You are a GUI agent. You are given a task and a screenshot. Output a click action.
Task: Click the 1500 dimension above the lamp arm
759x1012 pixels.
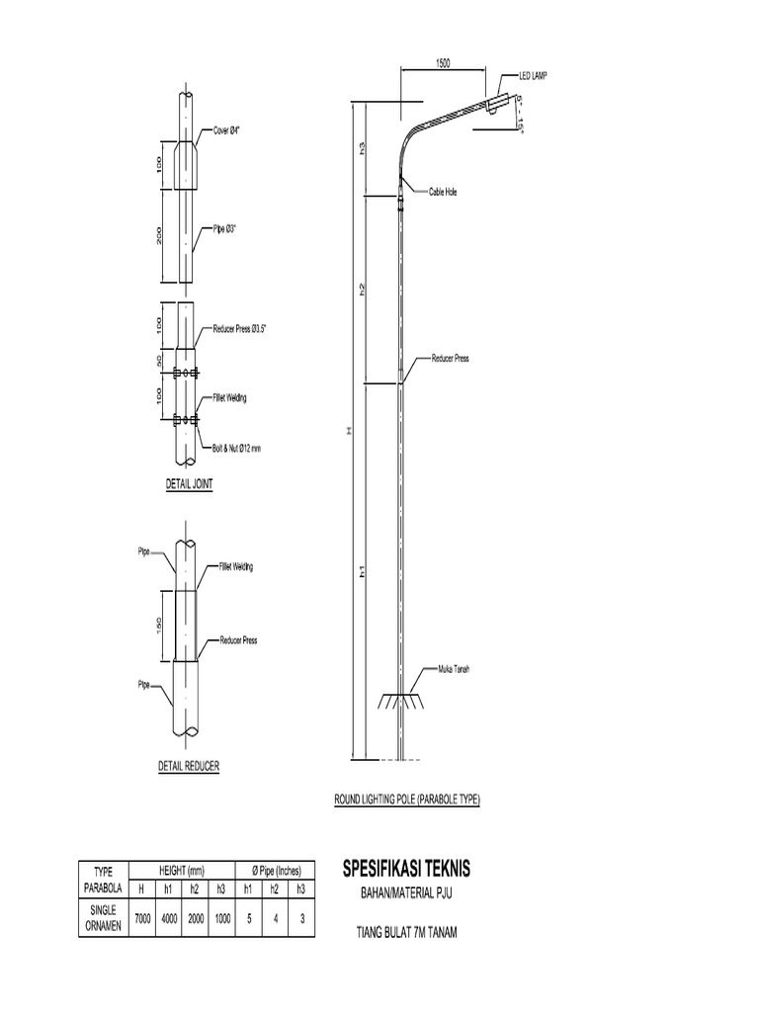coord(442,62)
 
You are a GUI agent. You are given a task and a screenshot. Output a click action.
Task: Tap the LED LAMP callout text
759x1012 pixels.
coord(533,76)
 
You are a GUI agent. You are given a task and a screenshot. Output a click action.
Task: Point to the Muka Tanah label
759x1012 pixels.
coord(453,669)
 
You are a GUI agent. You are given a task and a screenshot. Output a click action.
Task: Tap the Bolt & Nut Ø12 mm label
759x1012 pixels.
coord(237,449)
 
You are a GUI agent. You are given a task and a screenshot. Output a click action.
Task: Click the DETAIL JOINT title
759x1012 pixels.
coord(189,485)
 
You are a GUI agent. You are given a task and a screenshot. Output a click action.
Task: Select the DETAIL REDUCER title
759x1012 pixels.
coord(189,765)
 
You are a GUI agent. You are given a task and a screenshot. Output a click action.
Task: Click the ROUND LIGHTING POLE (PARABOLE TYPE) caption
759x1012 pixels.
coord(408,799)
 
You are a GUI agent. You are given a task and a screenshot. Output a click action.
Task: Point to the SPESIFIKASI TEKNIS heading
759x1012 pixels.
coord(406,870)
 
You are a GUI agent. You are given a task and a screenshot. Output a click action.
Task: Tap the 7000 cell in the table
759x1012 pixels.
coord(142,917)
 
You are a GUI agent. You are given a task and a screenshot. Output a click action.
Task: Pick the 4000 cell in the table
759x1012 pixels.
coord(169,917)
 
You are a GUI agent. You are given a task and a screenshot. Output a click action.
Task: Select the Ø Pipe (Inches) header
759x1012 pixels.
coord(276,871)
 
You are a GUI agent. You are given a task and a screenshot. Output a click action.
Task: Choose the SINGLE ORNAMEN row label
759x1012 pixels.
coord(104,917)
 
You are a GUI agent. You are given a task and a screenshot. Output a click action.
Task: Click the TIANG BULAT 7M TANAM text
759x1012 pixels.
coord(407,931)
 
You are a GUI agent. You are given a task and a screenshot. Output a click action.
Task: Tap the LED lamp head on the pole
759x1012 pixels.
coord(501,102)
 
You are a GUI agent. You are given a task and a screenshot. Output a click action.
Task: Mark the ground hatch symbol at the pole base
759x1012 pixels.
coord(400,700)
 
